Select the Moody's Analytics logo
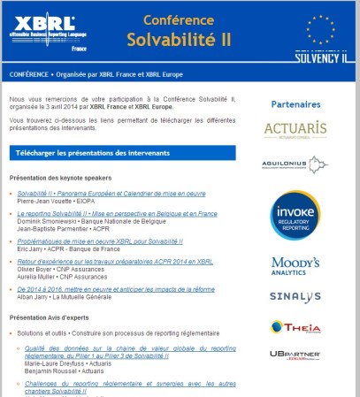[x=295, y=266]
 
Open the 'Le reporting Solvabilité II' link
[x=117, y=214]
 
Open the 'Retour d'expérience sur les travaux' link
[x=115, y=262]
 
